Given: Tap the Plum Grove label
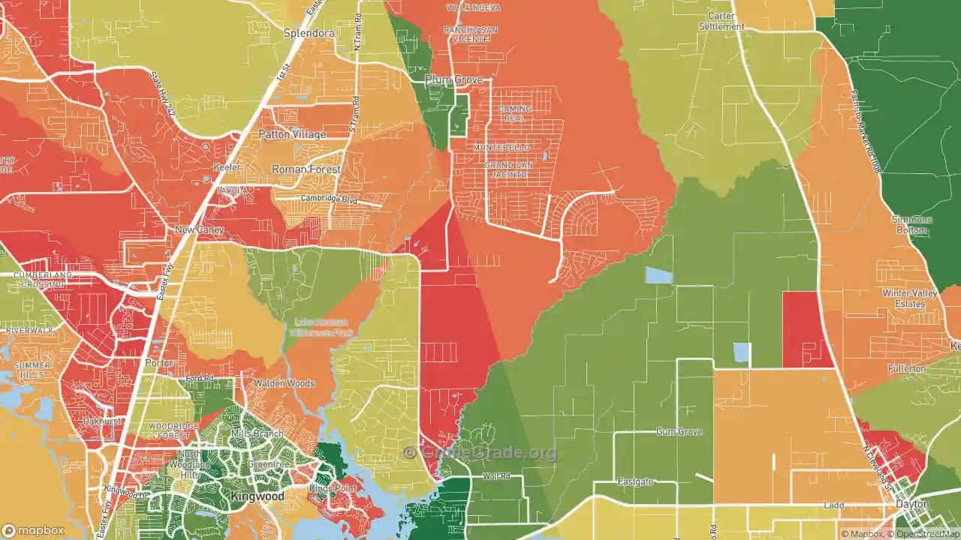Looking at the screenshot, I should coord(453,79).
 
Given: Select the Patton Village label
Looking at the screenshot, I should coord(292,134).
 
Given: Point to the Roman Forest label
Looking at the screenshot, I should coord(306,169).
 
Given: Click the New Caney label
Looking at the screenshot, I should coord(199,229).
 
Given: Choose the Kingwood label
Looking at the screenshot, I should coord(258,496).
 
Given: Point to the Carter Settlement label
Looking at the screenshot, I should coord(722,21).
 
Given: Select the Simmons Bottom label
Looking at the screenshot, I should coord(911,224).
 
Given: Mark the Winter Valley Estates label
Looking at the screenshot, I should coord(910,298).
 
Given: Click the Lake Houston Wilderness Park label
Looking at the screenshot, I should coord(321,327).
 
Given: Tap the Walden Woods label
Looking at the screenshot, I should coord(284,383).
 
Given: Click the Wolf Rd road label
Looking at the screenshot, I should coord(496,476).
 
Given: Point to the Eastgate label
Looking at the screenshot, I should coord(635,481).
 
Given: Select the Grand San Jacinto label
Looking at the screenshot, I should coord(505,169).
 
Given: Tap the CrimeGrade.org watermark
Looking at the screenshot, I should coord(480,452).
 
